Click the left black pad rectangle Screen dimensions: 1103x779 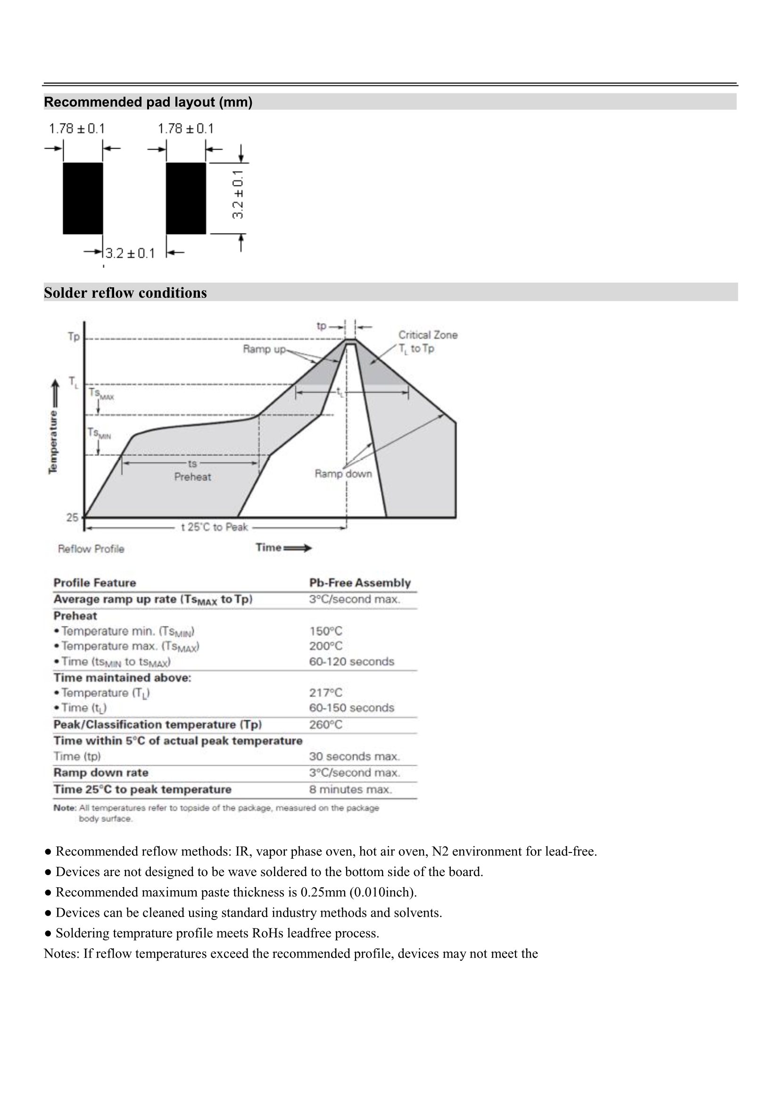coord(83,198)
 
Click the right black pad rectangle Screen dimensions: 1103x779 coord(186,198)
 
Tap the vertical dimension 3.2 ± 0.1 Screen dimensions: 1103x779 coord(238,194)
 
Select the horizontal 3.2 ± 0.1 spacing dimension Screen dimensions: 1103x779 coord(130,253)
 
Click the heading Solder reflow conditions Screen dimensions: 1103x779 coord(125,292)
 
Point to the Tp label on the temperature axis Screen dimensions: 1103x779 coord(74,336)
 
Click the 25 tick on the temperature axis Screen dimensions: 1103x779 coord(72,518)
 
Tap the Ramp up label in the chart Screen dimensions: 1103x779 coord(264,349)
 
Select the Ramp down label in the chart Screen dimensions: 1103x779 coord(343,474)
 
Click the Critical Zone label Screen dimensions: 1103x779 coord(427,335)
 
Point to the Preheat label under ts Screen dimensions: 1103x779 coord(192,477)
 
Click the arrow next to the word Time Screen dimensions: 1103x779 coord(298,548)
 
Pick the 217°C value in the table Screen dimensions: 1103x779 coord(326,693)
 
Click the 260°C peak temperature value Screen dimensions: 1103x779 coord(326,725)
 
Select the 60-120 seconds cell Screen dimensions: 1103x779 coord(351,661)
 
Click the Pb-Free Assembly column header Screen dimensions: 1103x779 coord(360,583)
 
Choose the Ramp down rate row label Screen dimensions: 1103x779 coord(101,772)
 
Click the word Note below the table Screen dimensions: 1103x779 coord(64,808)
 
